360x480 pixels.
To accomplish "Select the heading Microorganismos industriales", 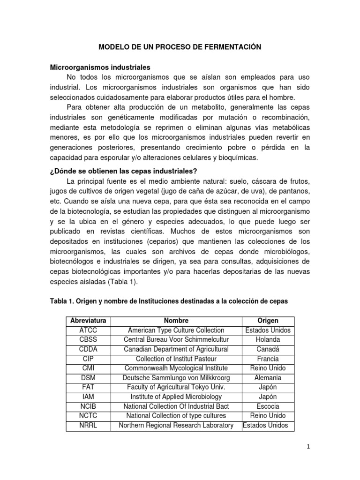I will pos(100,67).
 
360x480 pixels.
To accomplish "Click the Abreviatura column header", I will pos(88,321).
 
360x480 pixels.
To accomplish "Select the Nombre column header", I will pos(176,321).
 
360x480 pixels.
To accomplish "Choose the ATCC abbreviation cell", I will pos(88,330).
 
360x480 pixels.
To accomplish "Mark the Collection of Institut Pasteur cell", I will pos(176,359).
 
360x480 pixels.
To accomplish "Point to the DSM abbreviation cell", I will pos(88,378).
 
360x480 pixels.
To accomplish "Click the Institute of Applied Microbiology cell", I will pos(176,397).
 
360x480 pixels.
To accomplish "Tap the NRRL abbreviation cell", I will pos(88,426).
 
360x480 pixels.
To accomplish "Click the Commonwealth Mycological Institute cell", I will pos(176,368).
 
